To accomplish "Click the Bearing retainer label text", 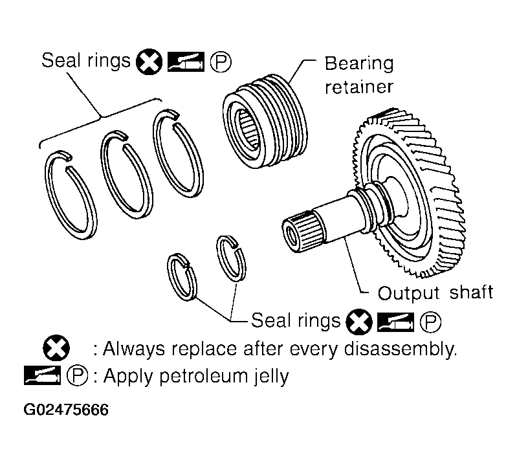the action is (359, 75).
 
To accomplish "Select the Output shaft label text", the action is (435, 293).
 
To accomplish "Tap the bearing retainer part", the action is (265, 122).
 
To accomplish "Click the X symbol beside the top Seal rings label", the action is (149, 62).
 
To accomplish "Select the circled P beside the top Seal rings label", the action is (221, 62).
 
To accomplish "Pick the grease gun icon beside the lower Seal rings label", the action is (395, 322).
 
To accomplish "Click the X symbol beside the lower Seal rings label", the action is (359, 322).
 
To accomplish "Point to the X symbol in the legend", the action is (56, 348).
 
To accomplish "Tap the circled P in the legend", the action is (77, 375).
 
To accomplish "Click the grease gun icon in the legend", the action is (42, 375).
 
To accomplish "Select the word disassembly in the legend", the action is (400, 349).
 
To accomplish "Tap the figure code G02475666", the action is (66, 410).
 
